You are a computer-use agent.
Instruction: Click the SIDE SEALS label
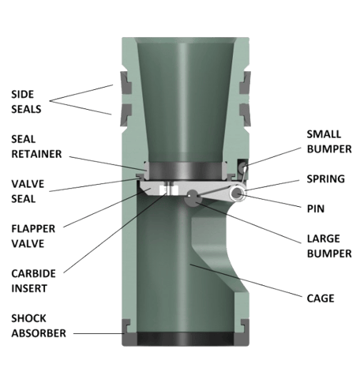(x=26, y=102)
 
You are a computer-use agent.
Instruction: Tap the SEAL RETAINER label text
(x=36, y=146)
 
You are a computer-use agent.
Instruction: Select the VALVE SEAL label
(x=28, y=191)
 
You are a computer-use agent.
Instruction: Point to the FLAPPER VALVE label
(x=33, y=236)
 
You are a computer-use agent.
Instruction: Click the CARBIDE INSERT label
(x=33, y=281)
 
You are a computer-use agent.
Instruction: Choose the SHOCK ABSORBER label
(x=39, y=325)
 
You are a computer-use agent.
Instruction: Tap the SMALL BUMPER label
(x=329, y=141)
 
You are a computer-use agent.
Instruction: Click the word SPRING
(x=326, y=179)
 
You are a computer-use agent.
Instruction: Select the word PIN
(x=316, y=208)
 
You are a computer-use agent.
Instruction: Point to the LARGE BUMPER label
(x=329, y=246)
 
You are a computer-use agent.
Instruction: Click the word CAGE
(x=321, y=299)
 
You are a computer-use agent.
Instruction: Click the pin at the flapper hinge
(x=238, y=193)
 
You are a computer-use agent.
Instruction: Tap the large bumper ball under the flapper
(x=193, y=197)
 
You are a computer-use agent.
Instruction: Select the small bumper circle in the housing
(x=242, y=167)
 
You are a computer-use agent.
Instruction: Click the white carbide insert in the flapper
(x=169, y=190)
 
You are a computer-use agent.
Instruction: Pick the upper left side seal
(x=126, y=82)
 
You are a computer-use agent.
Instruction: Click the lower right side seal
(x=245, y=115)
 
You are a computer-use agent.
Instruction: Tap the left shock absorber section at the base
(x=129, y=332)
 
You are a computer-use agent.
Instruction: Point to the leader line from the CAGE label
(x=246, y=280)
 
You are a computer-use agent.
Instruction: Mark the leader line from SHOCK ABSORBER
(x=99, y=333)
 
